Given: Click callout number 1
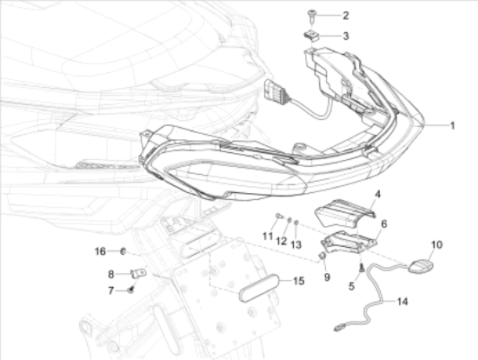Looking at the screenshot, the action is click(x=453, y=126).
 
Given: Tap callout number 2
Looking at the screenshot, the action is click(x=345, y=16).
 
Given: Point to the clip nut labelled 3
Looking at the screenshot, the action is click(x=311, y=36).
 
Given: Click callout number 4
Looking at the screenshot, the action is click(x=377, y=194).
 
